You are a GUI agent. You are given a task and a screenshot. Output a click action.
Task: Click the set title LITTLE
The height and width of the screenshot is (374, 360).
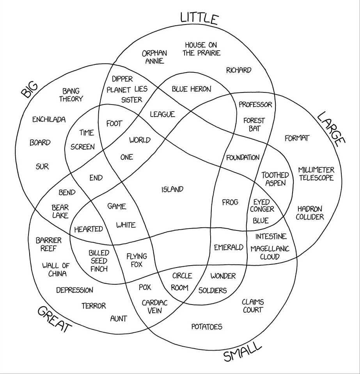point(199,18)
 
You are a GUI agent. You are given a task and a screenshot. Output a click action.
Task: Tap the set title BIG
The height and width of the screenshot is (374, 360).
point(29,90)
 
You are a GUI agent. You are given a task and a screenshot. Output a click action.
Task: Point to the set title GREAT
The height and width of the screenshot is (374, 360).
point(55,319)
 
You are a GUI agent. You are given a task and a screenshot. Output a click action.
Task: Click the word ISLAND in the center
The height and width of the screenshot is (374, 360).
point(172,190)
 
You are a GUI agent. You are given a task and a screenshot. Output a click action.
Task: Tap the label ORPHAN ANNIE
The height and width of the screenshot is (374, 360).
point(154,57)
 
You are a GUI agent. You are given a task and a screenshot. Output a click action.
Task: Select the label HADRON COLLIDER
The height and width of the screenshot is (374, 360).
point(310,213)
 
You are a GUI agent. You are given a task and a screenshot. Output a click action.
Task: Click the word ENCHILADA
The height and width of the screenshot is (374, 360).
point(49,119)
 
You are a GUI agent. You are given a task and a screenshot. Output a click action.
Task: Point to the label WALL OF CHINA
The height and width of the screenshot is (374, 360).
point(56,269)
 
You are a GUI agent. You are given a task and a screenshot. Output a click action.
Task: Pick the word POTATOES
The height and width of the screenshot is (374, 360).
point(207,326)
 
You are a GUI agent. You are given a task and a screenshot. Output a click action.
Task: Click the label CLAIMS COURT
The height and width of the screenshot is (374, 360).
point(253,306)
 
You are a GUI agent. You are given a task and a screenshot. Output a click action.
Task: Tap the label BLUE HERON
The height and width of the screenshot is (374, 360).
point(191,89)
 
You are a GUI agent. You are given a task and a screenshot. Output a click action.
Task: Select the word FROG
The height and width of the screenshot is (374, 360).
point(230,202)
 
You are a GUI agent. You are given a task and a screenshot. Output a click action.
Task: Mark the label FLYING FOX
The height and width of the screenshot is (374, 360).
point(137,260)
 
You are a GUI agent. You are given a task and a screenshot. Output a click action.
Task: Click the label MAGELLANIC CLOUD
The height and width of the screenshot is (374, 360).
point(270,252)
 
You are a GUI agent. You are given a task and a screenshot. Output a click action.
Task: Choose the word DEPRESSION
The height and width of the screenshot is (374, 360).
point(74,290)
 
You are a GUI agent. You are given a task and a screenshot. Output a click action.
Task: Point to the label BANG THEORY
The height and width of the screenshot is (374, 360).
point(71,95)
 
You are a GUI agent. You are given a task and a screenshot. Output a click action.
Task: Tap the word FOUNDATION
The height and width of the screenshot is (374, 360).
point(243,158)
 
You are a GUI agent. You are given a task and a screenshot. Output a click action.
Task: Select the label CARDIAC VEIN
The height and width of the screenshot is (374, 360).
point(154,307)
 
